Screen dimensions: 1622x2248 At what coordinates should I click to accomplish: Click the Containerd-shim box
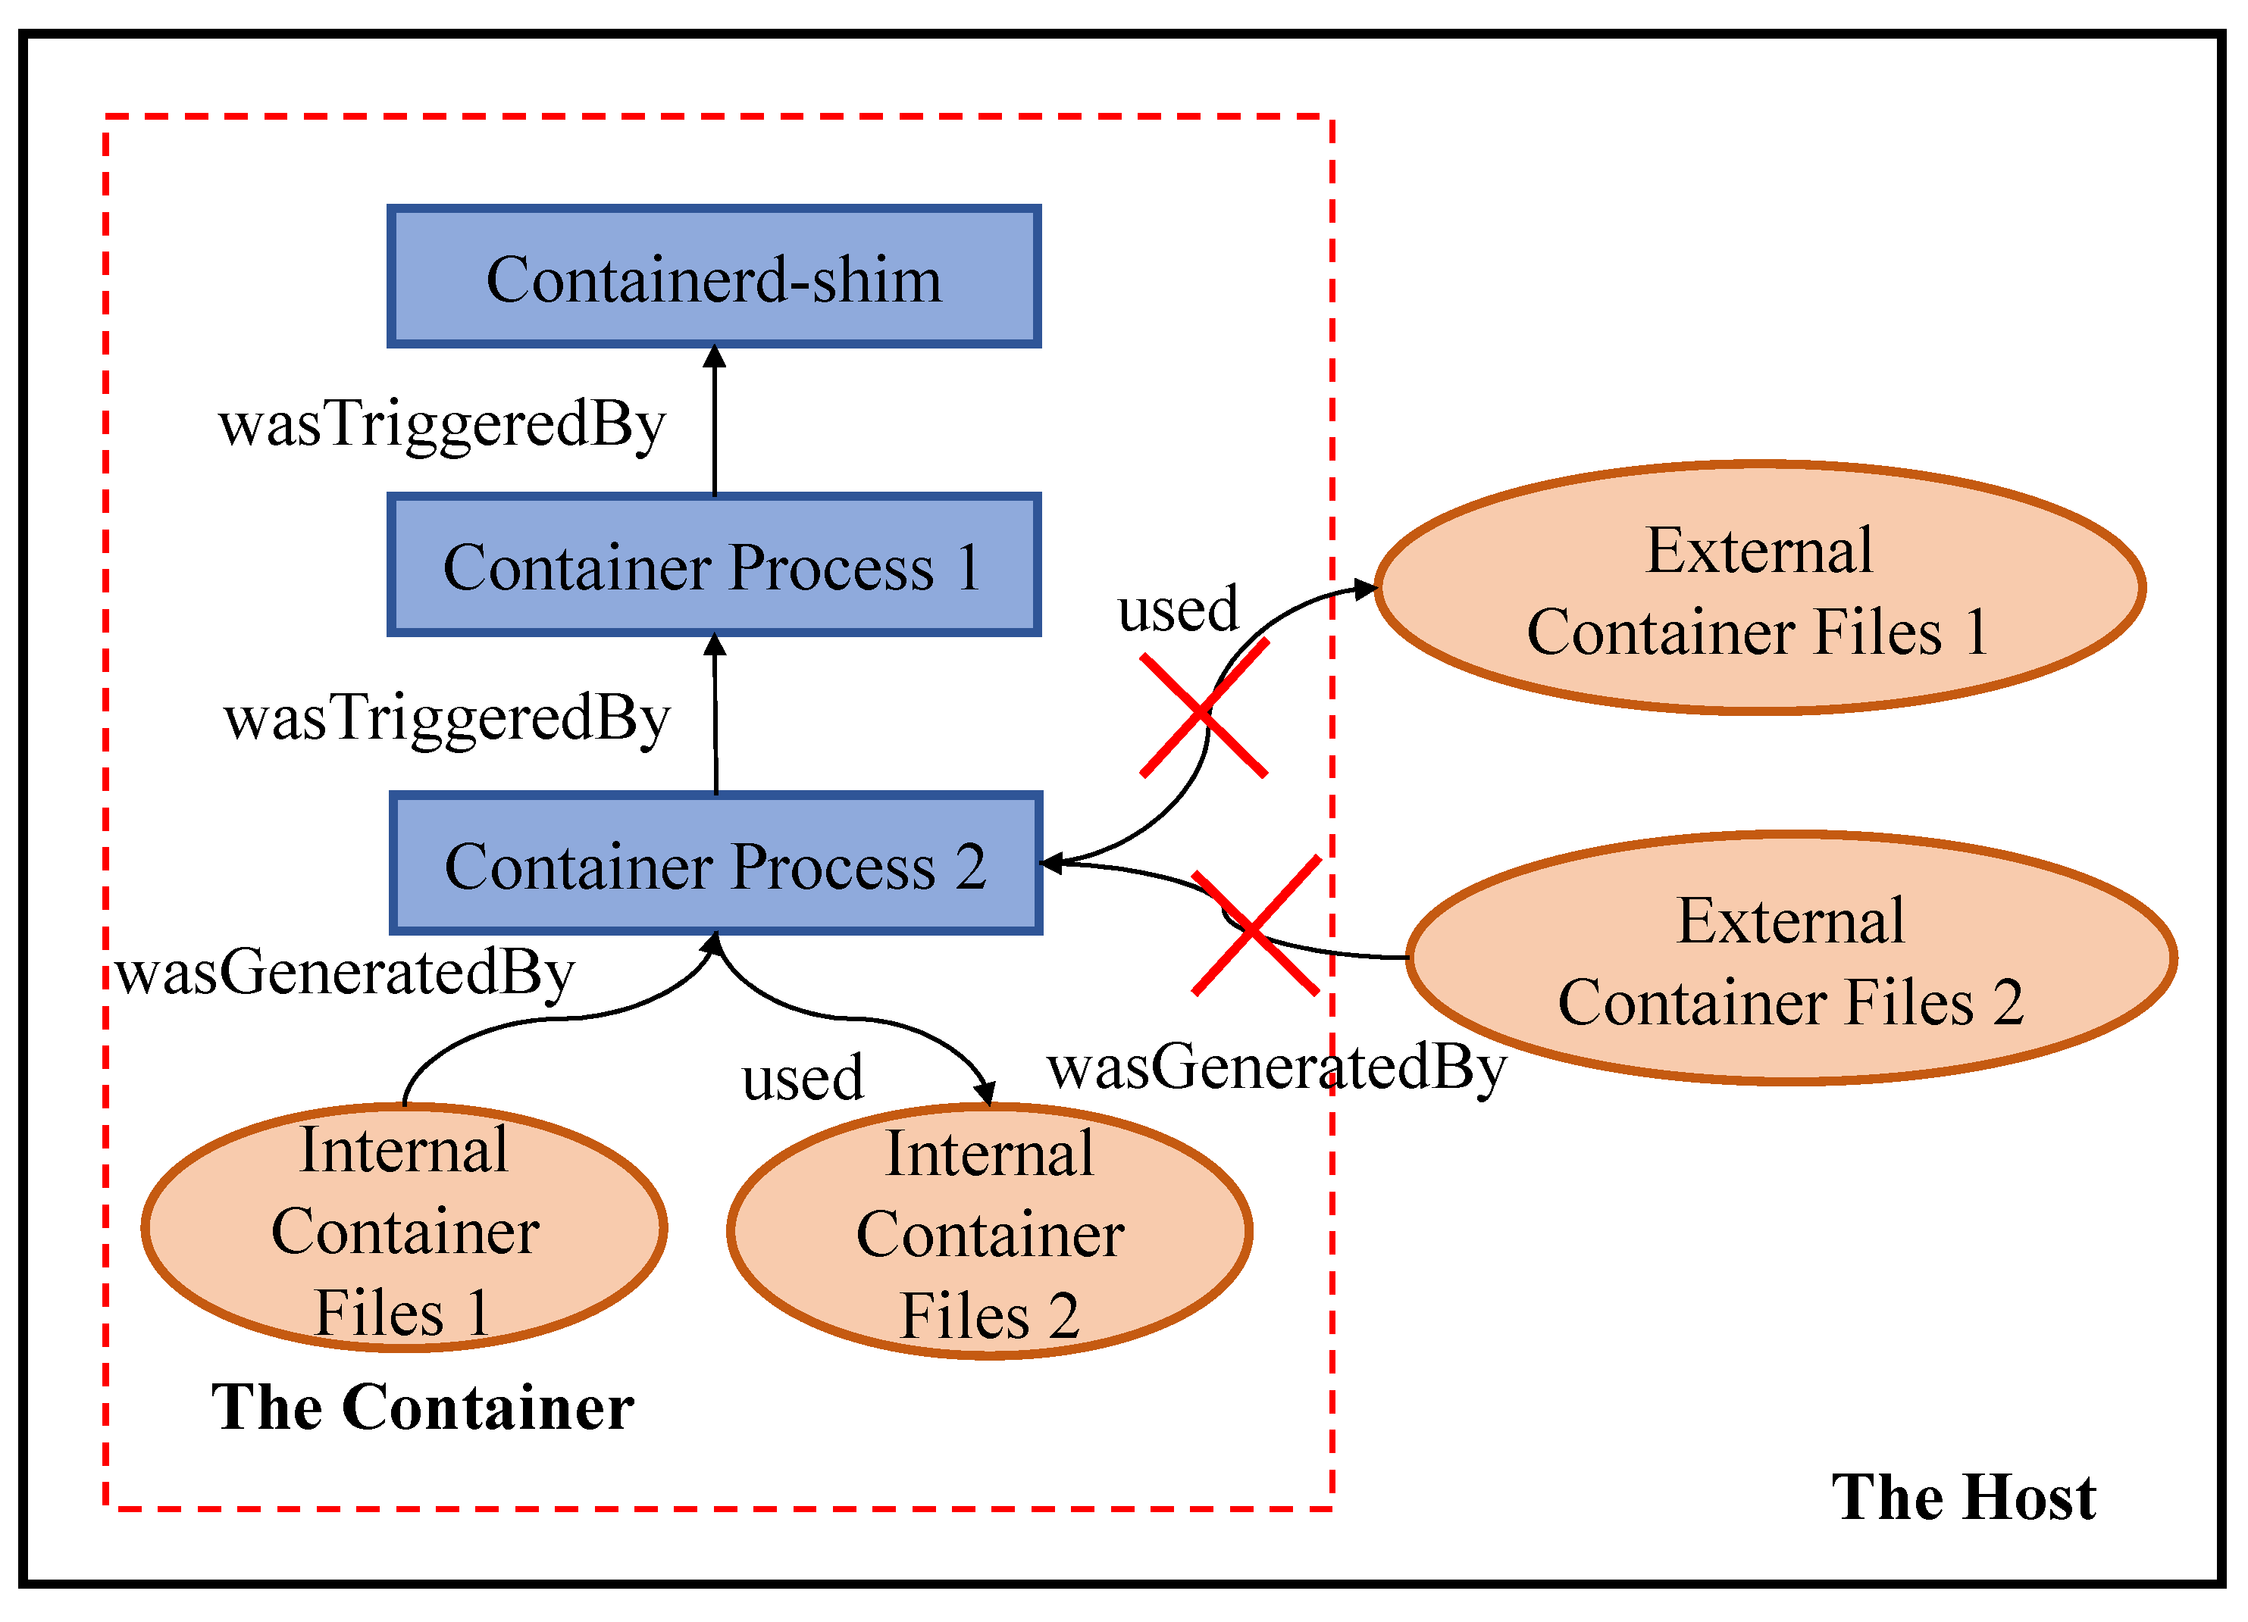[x=714, y=277]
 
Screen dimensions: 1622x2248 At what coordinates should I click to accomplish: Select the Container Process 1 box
[x=714, y=564]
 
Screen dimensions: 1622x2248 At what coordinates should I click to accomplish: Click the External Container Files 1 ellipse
[x=1758, y=589]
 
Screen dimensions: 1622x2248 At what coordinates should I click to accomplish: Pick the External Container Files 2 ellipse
[x=1790, y=959]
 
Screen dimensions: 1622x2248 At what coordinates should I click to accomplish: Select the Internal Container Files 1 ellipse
[x=405, y=1229]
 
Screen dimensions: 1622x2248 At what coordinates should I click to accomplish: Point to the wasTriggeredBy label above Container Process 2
[x=447, y=718]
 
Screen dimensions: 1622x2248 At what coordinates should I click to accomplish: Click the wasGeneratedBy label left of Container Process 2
[x=345, y=973]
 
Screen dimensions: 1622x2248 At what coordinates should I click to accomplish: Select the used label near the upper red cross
[x=1178, y=608]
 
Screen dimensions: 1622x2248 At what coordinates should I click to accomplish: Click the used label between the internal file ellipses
[x=803, y=1078]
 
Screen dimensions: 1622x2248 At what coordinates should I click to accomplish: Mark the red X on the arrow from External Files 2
[x=1255, y=927]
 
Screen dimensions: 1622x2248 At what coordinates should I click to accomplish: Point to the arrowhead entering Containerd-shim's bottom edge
[x=715, y=357]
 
